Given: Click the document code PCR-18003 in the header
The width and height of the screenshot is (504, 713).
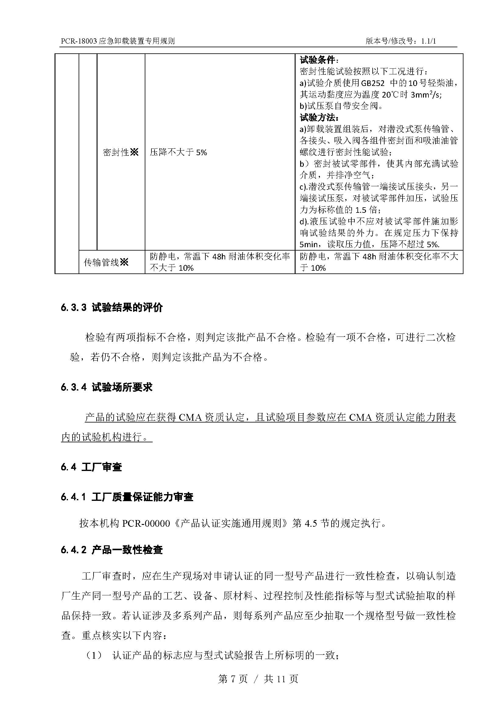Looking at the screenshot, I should pos(79,41).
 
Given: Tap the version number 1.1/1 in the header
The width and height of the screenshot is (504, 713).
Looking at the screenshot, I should pos(429,41).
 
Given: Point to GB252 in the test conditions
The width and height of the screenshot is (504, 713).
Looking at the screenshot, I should pos(372,83).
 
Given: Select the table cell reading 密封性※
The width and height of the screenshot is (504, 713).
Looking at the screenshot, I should pos(120,152).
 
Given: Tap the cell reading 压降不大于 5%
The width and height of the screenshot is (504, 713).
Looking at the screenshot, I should pos(179,152).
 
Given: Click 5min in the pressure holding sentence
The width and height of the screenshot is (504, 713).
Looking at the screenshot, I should pos(309,244).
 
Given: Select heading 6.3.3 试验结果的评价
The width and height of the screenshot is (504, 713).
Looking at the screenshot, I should pos(112,308).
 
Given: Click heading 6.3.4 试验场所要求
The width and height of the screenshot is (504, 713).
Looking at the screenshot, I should pos(107,387).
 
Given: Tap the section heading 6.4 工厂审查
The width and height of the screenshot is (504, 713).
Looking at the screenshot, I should pos(91,467).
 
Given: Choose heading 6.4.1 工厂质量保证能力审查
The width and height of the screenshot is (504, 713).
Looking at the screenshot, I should pos(127,497).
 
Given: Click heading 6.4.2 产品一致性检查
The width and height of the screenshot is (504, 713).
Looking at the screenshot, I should pos(112,550).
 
